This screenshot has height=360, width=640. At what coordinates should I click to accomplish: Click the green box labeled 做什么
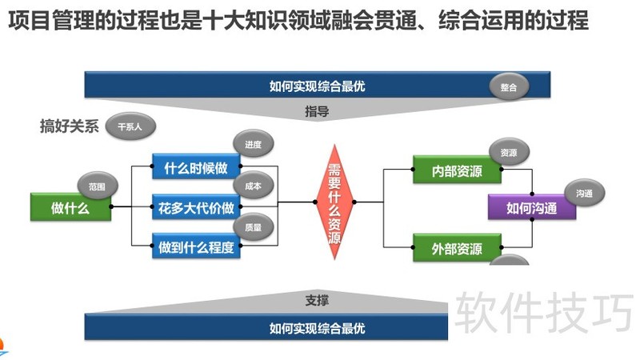click(x=70, y=208)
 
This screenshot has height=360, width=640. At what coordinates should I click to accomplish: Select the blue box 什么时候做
click(x=196, y=168)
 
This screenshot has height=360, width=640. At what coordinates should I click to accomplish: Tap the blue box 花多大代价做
click(x=196, y=208)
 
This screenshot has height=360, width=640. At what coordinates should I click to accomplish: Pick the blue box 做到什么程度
click(x=196, y=248)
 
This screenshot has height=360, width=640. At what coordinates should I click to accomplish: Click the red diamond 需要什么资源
click(x=335, y=202)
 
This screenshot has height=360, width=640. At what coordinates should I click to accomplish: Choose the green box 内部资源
click(x=458, y=170)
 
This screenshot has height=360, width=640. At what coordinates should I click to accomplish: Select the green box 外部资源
click(x=458, y=249)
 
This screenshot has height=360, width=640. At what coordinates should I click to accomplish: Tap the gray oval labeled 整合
click(x=508, y=87)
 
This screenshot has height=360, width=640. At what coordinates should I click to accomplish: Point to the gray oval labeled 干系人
click(x=130, y=126)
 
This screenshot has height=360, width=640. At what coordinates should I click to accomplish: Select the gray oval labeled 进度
click(x=253, y=144)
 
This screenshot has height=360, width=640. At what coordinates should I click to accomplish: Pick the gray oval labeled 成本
click(x=253, y=186)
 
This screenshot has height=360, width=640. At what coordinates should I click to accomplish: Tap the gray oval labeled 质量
click(x=253, y=227)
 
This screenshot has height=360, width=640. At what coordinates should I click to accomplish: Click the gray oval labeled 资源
click(x=509, y=152)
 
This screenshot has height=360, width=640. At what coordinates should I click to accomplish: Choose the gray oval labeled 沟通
click(x=584, y=193)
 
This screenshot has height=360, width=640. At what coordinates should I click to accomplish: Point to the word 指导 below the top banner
click(x=317, y=111)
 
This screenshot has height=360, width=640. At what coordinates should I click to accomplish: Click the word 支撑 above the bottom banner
click(x=317, y=301)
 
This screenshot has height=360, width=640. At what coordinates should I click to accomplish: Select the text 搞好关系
click(x=69, y=126)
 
